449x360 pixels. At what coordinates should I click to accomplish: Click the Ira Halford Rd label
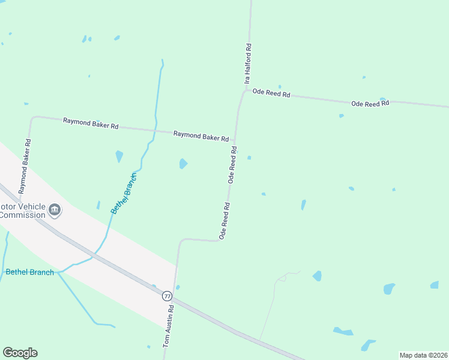tap(247, 62)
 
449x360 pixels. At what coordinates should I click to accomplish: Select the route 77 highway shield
tap(167, 296)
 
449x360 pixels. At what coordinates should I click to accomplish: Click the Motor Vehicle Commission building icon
tap(55, 209)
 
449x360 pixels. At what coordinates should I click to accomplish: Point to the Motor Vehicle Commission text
tap(23, 211)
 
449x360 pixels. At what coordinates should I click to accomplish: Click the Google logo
tap(20, 353)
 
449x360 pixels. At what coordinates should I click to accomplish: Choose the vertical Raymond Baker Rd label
tap(25, 166)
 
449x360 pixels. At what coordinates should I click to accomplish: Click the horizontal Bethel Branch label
tap(29, 272)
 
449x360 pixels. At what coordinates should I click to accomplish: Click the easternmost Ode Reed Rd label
tap(370, 104)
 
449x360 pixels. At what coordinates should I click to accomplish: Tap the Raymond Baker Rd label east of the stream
tap(201, 136)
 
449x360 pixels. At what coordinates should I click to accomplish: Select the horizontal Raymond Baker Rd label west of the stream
tap(91, 124)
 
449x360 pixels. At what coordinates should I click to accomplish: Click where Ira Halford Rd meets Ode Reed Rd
tap(245, 91)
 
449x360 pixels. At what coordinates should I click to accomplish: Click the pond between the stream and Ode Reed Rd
tap(183, 163)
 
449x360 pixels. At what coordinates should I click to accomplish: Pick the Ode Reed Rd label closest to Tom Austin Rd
tap(224, 221)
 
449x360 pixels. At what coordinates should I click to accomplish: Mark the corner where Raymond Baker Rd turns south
tap(32, 118)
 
